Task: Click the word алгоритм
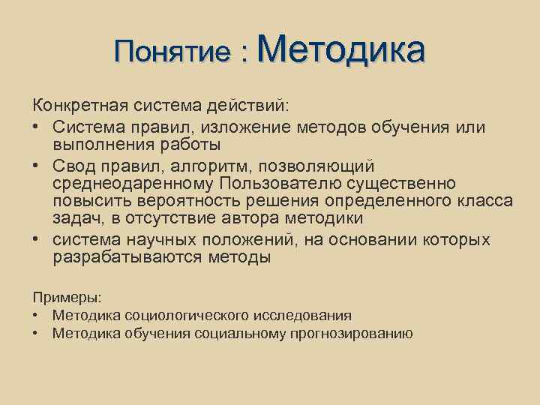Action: click(x=214, y=165)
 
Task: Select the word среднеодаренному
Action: click(x=133, y=184)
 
